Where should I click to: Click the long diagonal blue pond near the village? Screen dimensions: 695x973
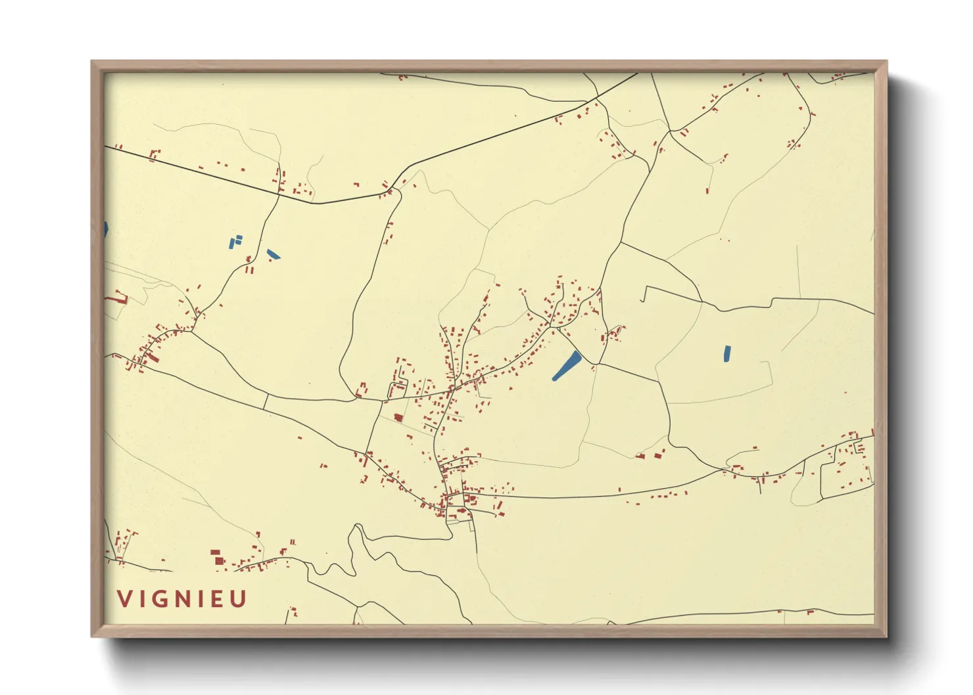click(x=567, y=366)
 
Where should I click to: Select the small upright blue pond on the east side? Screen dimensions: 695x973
click(x=726, y=353)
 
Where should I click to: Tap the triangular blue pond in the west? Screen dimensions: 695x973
click(x=273, y=254)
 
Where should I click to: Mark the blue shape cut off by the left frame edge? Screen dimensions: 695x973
click(x=106, y=229)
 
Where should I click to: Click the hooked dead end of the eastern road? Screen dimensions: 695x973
click(x=644, y=294)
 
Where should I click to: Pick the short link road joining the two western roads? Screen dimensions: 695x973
click(x=266, y=401)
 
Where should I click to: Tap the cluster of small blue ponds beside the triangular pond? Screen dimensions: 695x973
click(x=235, y=241)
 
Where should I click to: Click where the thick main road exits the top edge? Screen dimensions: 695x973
click(x=636, y=74)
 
